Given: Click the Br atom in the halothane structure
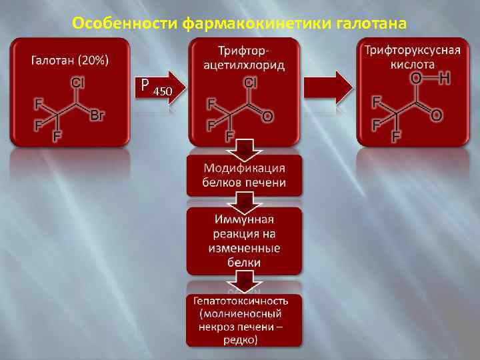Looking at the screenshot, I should [97, 116].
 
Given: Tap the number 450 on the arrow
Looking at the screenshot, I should [163, 91].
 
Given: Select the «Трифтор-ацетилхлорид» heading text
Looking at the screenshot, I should [244, 58].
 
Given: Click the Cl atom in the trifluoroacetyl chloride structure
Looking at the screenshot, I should [251, 83].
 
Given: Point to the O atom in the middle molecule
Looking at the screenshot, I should [267, 117].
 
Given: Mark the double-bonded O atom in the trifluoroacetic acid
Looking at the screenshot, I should [437, 115].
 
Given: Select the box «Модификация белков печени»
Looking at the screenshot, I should [244, 175].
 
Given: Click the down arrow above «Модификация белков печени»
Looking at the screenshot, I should [244, 149].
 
